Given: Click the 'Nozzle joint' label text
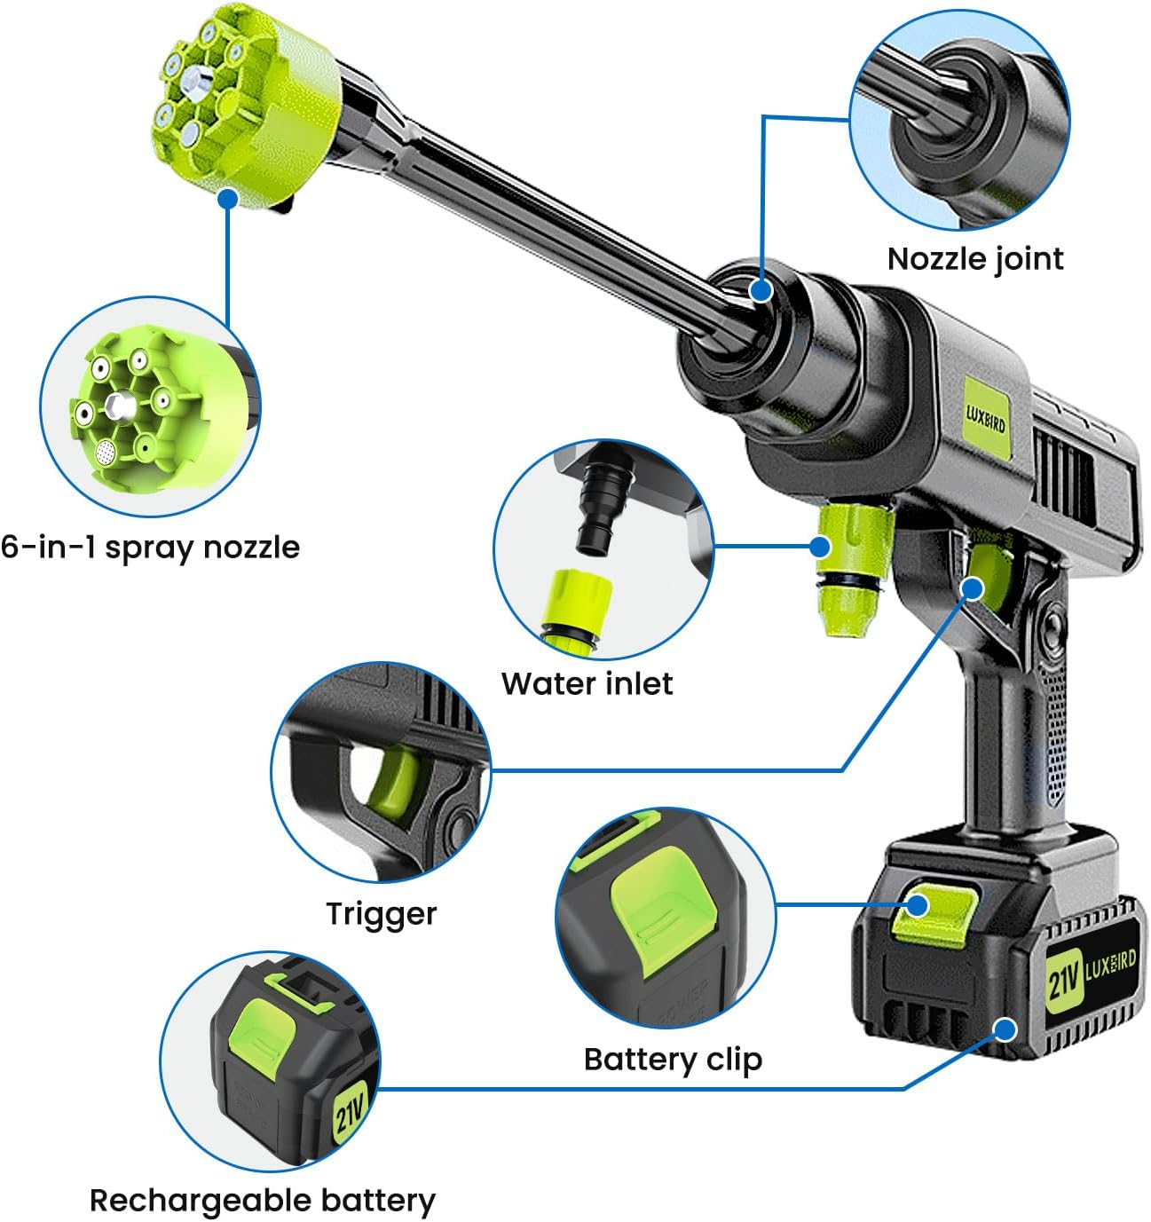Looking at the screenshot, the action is click(x=975, y=259).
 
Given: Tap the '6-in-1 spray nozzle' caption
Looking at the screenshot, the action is click(x=150, y=548).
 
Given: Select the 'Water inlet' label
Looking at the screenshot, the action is click(x=587, y=683).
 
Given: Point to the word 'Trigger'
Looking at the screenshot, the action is click(x=381, y=914).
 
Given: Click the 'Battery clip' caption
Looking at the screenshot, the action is click(x=673, y=1060).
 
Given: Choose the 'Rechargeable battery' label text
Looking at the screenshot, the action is click(x=263, y=1201).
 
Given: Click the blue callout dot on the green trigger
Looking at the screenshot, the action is click(x=972, y=589).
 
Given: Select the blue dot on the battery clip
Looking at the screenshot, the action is click(x=917, y=905).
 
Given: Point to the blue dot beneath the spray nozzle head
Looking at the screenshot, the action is click(x=228, y=199).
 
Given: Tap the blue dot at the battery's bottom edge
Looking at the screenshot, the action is click(x=1005, y=1029).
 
